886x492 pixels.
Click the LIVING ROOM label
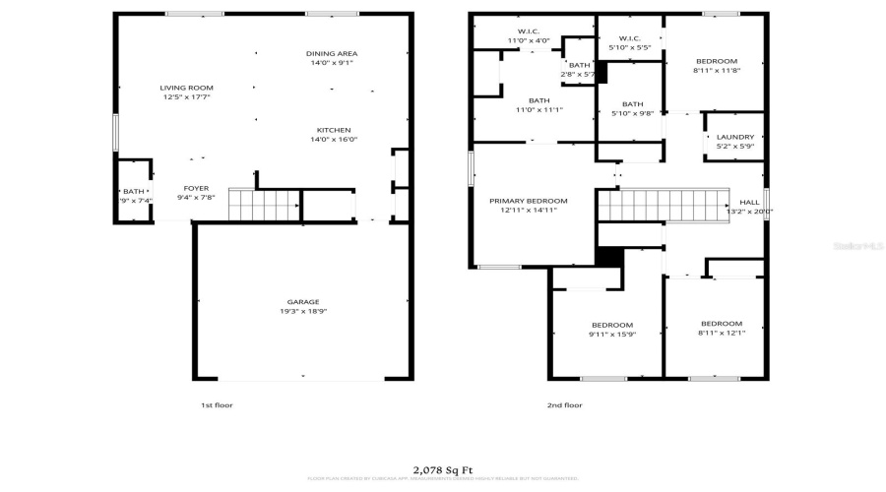pyautogui.click(x=186, y=88)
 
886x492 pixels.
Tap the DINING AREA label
pyautogui.click(x=331, y=53)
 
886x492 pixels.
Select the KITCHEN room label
pyautogui.click(x=333, y=130)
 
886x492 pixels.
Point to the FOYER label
pyautogui.click(x=196, y=187)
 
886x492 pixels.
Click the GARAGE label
pyautogui.click(x=303, y=302)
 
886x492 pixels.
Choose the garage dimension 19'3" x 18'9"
pyautogui.click(x=303, y=312)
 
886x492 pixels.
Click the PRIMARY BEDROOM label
pyautogui.click(x=529, y=201)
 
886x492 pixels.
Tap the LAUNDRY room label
pyautogui.click(x=734, y=137)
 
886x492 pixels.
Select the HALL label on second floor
pyautogui.click(x=749, y=201)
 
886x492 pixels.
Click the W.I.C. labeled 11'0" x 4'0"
pyautogui.click(x=522, y=40)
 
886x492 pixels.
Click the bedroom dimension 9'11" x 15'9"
pyautogui.click(x=611, y=335)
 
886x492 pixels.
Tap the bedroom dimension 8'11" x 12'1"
pyautogui.click(x=721, y=334)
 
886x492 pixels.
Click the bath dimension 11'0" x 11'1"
pyautogui.click(x=538, y=109)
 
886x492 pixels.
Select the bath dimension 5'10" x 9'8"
pyautogui.click(x=632, y=114)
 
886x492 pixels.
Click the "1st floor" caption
pyautogui.click(x=217, y=404)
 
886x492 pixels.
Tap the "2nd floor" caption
pyautogui.click(x=565, y=404)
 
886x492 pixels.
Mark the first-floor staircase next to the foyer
pyautogui.click(x=265, y=206)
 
